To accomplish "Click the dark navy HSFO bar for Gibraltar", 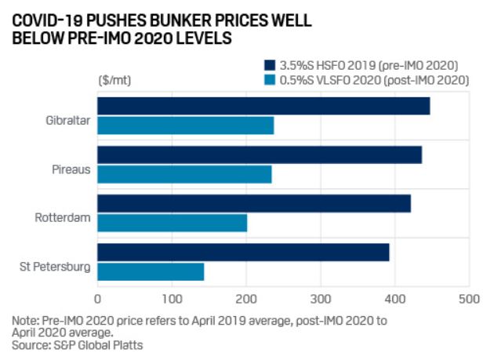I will pos(263,106).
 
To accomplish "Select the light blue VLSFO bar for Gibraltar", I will pos(186,125).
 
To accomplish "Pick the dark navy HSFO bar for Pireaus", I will pos(260,155).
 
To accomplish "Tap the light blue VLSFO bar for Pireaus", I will pos(184,174).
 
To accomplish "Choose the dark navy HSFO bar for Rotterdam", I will pos(254,203).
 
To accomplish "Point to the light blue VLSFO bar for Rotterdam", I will pos(173,223).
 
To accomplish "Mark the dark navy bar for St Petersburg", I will pos(243,252).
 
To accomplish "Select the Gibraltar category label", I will pos(67,120).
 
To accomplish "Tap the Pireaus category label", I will pos(71,169).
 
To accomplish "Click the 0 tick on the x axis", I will pos(98,299).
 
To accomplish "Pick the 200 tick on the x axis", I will pos(246,299).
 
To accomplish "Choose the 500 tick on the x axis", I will pos(469,299).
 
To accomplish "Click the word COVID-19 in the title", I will pos(52,18).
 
